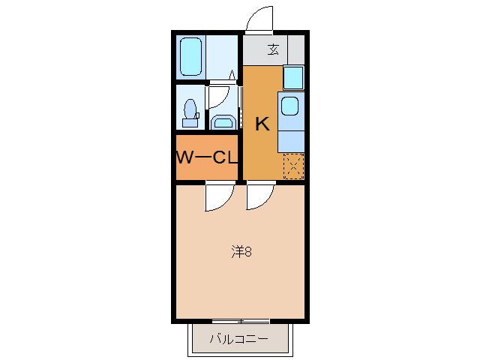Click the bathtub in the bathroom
(191, 56)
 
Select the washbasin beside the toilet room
(223, 121)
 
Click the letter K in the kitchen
(262, 124)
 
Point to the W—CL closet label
(207, 157)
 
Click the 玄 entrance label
(273, 50)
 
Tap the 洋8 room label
(241, 251)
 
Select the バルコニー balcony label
(238, 339)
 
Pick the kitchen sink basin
(289, 106)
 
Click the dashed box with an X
(293, 166)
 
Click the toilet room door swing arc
(220, 95)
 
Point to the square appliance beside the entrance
(293, 77)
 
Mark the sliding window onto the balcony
(240, 322)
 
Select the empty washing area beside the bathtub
(222, 56)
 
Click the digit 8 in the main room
(247, 251)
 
